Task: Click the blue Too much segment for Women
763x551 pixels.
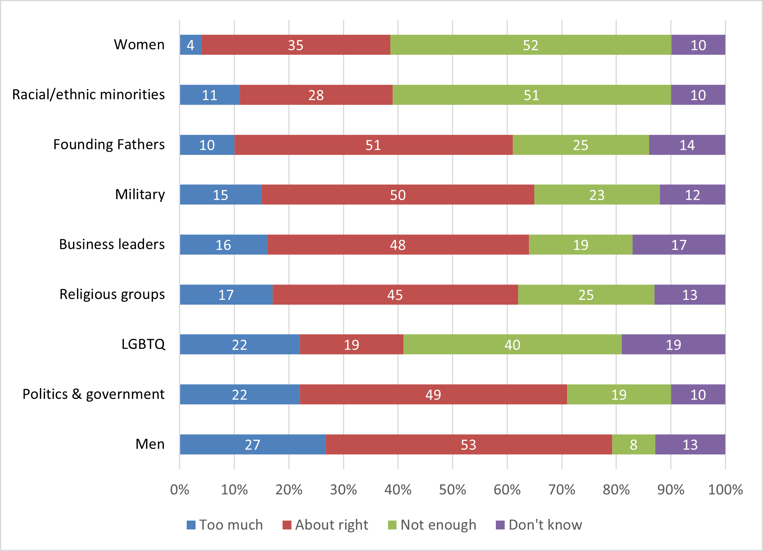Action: (x=191, y=45)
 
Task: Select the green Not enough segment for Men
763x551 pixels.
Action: (x=633, y=444)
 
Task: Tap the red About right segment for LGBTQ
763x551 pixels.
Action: (x=351, y=345)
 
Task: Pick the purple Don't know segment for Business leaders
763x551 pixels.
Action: (x=679, y=245)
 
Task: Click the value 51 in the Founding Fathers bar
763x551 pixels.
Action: (x=373, y=145)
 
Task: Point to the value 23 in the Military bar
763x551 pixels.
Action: (x=597, y=195)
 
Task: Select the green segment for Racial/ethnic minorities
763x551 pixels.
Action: (x=531, y=95)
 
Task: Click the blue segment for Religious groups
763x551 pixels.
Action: (x=226, y=295)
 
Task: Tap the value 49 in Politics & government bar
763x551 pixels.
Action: (x=433, y=395)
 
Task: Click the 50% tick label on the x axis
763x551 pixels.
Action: (x=452, y=490)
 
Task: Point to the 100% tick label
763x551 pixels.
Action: (x=725, y=490)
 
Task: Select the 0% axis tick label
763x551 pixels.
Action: (x=179, y=490)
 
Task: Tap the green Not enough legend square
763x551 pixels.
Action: (x=392, y=525)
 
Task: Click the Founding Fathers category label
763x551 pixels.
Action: (x=109, y=144)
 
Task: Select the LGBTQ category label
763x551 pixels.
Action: (x=143, y=344)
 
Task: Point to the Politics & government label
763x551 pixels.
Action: (x=94, y=394)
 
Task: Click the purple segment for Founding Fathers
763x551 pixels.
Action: (x=687, y=145)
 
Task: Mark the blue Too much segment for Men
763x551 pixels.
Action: (x=253, y=444)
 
